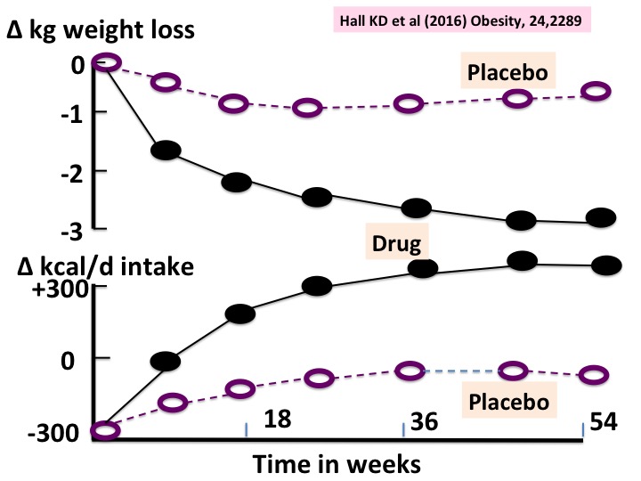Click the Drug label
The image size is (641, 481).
397,242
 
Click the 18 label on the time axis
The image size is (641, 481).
279,419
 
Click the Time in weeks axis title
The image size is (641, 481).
336,463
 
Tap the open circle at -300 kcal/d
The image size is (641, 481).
105,431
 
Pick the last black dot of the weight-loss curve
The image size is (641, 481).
603,217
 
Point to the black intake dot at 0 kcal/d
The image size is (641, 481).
165,361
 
